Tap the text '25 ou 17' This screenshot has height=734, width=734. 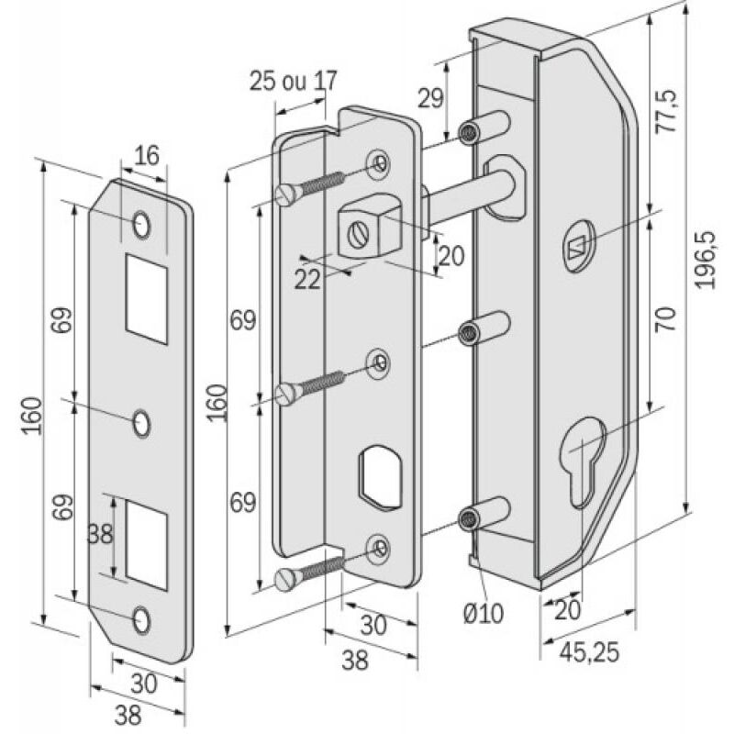(x=293, y=81)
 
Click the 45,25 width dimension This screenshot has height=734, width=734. (x=589, y=652)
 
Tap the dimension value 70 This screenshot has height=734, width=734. (x=667, y=318)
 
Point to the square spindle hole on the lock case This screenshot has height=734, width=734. (x=577, y=246)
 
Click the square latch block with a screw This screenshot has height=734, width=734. (x=364, y=231)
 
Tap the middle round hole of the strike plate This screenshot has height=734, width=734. (x=141, y=423)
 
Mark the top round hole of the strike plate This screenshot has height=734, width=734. (x=141, y=223)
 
